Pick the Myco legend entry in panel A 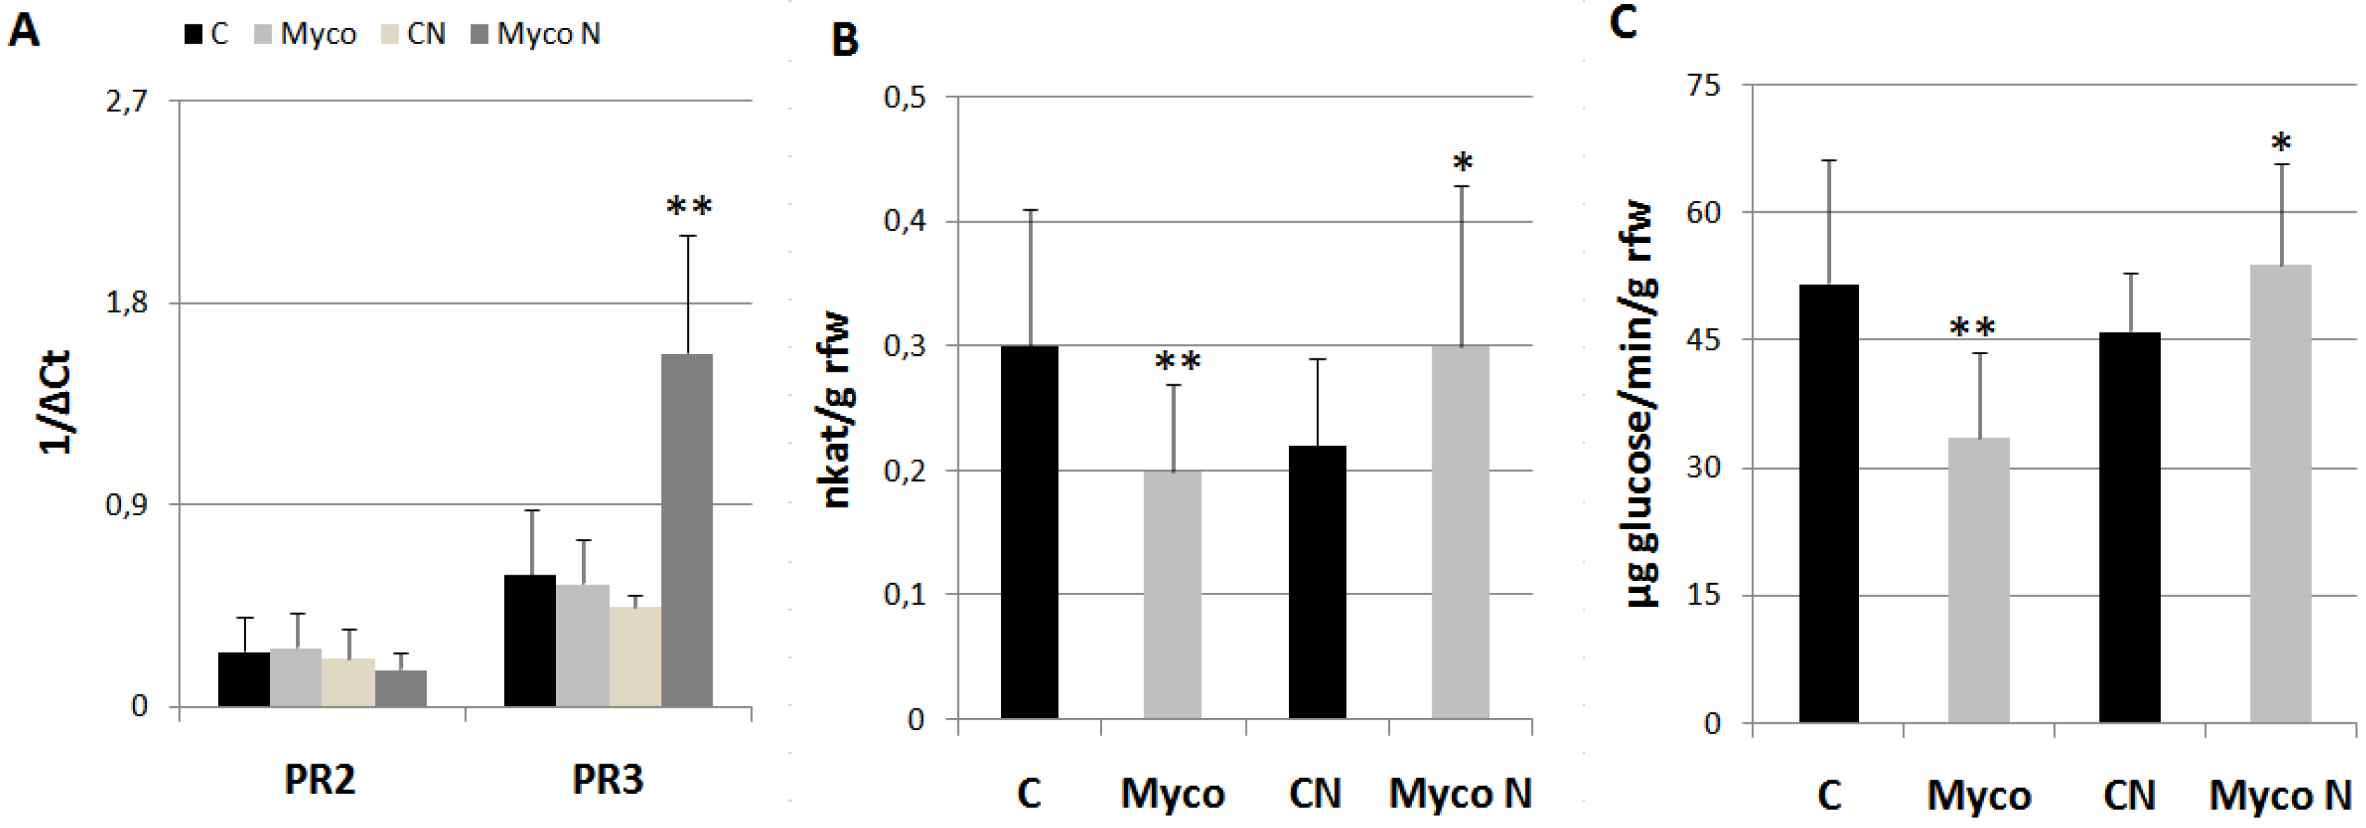click(305, 34)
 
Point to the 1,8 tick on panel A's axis click(127, 302)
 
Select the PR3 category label click(607, 779)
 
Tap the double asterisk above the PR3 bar click(689, 206)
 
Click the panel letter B click(844, 41)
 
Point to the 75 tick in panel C click(1704, 85)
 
